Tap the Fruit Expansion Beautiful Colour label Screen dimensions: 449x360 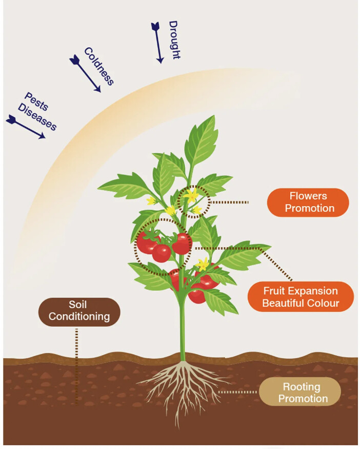[301, 297]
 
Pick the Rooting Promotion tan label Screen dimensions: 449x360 [302, 392]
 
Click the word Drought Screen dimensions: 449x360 [174, 39]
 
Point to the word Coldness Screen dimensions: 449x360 [99, 66]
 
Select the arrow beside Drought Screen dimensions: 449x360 [157, 42]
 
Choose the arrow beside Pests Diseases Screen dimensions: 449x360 [25, 127]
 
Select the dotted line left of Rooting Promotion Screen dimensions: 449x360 [238, 392]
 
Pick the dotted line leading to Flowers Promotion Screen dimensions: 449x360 [229, 202]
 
